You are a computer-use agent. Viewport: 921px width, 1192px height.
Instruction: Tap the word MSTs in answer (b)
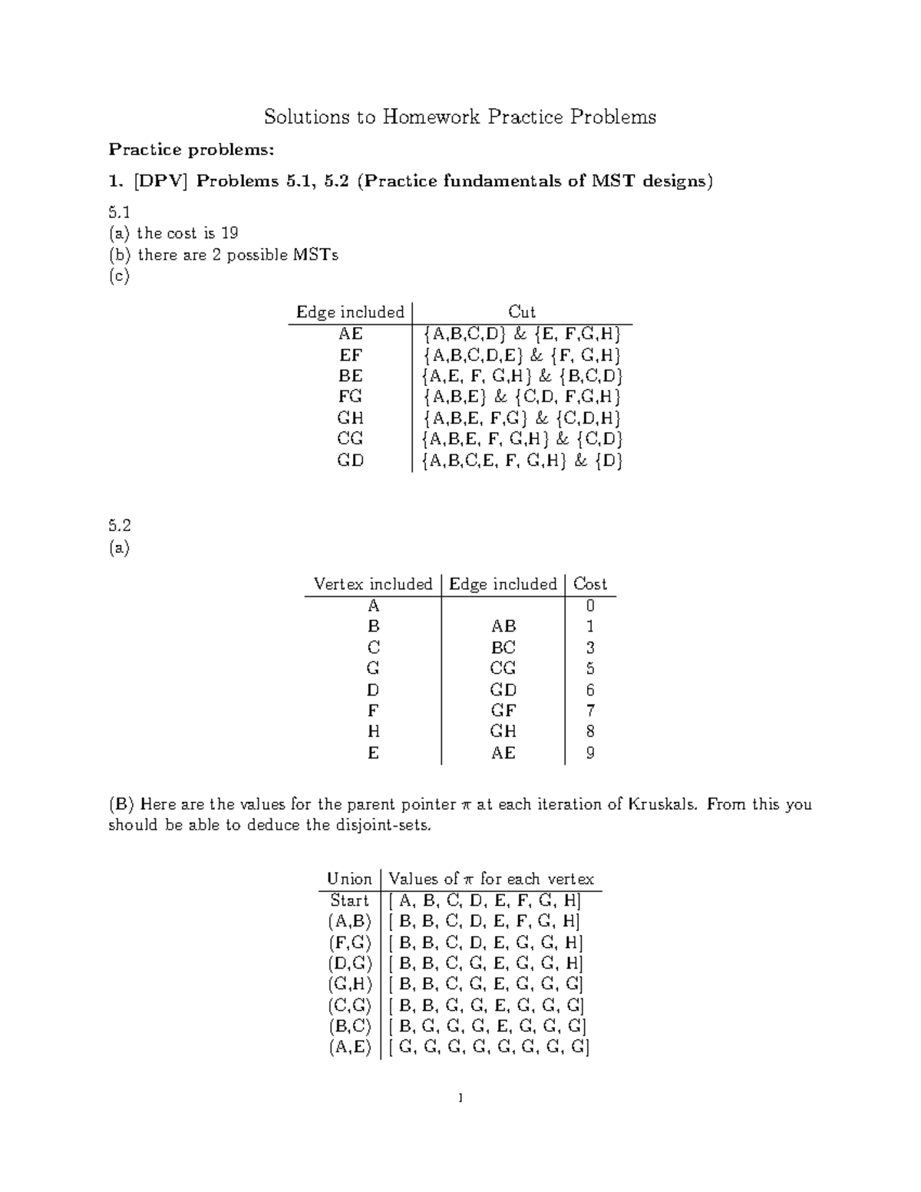click(315, 255)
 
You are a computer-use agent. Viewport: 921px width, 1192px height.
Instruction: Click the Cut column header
click(522, 312)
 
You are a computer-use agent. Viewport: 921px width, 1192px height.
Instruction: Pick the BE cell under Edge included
click(351, 376)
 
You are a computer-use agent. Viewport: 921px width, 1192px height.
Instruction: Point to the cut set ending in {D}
click(522, 461)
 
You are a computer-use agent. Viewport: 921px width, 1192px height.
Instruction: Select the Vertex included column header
click(373, 584)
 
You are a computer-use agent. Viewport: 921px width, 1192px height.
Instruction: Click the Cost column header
click(589, 584)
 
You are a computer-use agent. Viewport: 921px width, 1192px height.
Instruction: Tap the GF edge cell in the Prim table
click(503, 711)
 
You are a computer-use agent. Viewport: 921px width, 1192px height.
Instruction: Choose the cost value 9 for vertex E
click(590, 753)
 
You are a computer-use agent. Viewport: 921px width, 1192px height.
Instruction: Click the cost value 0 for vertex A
click(590, 606)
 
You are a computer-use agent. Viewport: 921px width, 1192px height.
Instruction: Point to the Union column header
click(349, 879)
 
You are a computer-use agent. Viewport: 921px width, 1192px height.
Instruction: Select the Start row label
click(349, 900)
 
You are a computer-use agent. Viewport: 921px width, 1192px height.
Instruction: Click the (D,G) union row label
click(349, 963)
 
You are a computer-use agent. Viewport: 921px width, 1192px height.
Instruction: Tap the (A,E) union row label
click(349, 1047)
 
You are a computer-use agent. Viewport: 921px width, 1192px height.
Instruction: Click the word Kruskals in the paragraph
click(663, 804)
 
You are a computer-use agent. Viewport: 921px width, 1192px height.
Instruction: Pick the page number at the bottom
click(460, 1098)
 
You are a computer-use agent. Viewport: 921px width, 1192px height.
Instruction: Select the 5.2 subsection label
click(119, 526)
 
